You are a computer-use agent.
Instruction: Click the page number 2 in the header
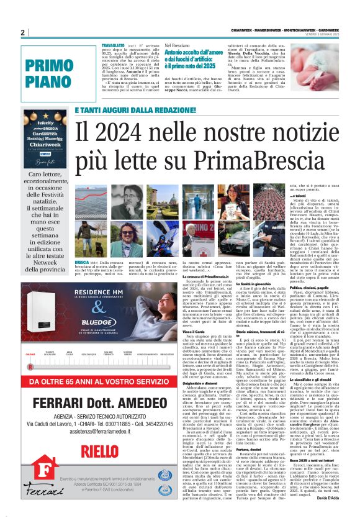[x=22, y=32]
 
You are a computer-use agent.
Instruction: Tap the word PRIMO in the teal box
[x=47, y=61]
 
